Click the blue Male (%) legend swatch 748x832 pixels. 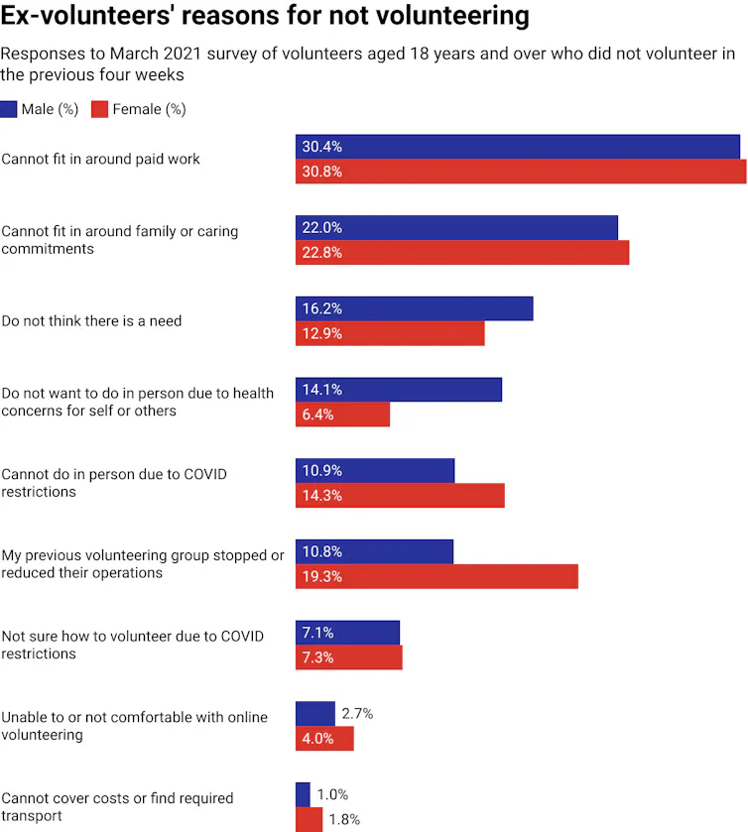point(9,109)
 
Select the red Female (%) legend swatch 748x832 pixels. point(99,109)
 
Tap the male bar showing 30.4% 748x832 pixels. point(517,147)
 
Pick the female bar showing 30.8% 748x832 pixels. point(521,172)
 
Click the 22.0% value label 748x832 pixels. point(321,228)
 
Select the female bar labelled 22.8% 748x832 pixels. point(462,253)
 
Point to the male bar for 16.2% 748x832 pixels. point(414,308)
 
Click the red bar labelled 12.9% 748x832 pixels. point(390,334)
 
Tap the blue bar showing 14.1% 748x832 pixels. point(399,390)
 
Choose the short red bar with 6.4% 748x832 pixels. point(343,415)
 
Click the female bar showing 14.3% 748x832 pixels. point(400,496)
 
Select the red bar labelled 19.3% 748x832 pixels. point(436,576)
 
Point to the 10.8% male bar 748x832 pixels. point(374,551)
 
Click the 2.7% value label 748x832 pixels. point(356,714)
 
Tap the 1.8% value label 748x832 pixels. point(343,820)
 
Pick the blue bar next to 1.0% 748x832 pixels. point(303,794)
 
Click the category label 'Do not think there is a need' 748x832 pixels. point(91,321)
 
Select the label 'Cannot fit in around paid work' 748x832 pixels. point(100,159)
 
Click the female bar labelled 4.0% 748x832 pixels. point(324,739)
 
